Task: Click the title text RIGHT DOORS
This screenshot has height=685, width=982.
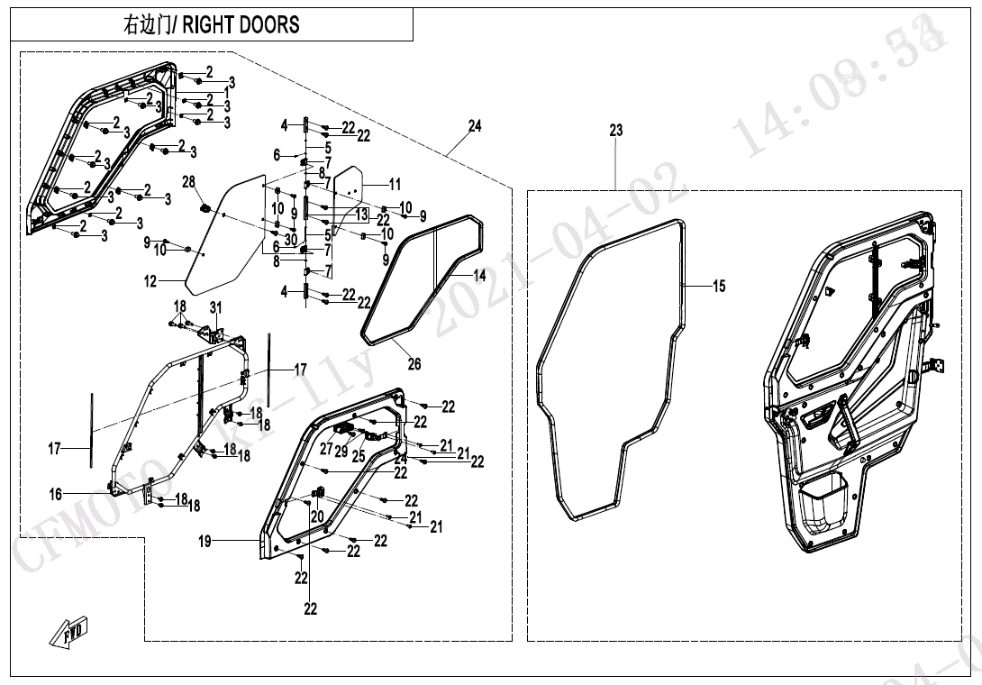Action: pyautogui.click(x=241, y=24)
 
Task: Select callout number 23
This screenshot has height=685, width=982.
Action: pyautogui.click(x=615, y=131)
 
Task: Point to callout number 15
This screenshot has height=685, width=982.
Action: pyautogui.click(x=719, y=287)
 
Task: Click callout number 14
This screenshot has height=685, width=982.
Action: pyautogui.click(x=479, y=276)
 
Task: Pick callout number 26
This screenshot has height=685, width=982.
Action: pyautogui.click(x=414, y=365)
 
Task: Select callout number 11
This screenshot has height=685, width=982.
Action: pyautogui.click(x=395, y=184)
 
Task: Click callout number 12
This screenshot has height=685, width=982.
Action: pyautogui.click(x=150, y=282)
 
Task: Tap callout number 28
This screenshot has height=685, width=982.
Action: pyautogui.click(x=188, y=182)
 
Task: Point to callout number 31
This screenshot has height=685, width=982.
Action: pyautogui.click(x=215, y=308)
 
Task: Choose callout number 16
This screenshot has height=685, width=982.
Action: pyautogui.click(x=56, y=494)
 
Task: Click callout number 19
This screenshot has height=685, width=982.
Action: pyautogui.click(x=205, y=542)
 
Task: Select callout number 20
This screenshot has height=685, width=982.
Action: pyautogui.click(x=316, y=516)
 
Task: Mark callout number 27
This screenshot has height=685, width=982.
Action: pyautogui.click(x=326, y=447)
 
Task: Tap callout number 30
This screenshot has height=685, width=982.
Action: pyautogui.click(x=290, y=239)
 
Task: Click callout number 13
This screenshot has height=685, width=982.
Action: pyautogui.click(x=361, y=214)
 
